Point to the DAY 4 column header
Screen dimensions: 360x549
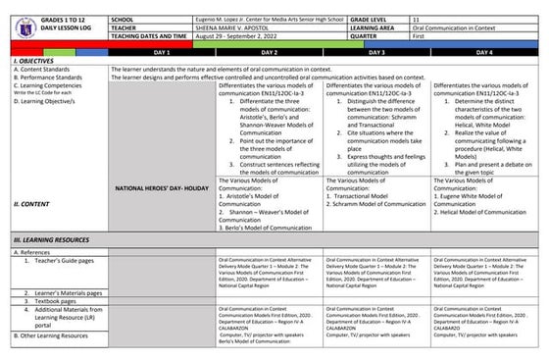coord(483,49)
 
